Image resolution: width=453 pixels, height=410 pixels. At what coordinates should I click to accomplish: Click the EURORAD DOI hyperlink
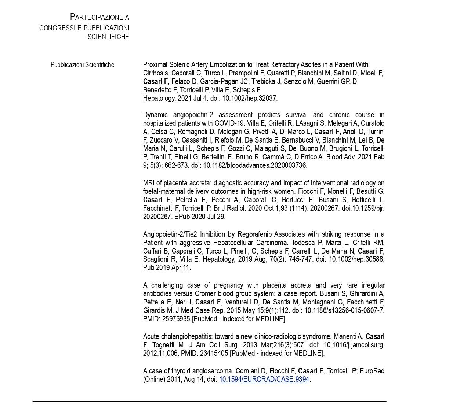264,379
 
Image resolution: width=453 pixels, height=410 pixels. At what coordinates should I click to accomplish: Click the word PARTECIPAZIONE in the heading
96,17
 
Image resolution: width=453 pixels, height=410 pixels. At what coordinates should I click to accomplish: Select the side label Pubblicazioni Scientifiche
82,65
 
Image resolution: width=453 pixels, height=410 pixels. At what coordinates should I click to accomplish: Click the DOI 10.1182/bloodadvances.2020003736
255,165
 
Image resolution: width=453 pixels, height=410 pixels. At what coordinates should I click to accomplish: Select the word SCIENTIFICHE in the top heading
108,37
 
